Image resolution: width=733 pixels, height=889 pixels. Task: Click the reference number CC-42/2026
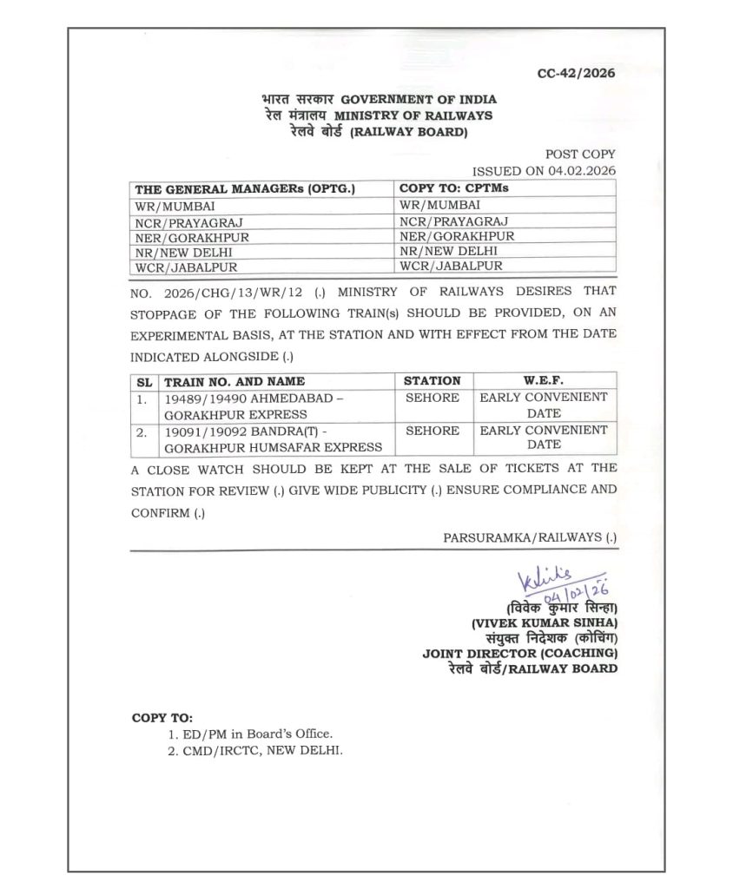[x=576, y=73]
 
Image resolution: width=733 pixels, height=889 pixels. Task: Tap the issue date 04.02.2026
[x=581, y=170]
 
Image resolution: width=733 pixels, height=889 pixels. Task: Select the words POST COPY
[x=581, y=154]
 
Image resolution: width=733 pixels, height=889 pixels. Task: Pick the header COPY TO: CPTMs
[x=452, y=188]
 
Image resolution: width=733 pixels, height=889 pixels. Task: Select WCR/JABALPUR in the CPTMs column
[x=451, y=267]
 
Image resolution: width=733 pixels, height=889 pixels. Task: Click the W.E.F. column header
[x=544, y=380]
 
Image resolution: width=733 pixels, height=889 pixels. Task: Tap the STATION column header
[x=433, y=380]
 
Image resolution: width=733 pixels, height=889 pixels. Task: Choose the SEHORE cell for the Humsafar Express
[x=433, y=430]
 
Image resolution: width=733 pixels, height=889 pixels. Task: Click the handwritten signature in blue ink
[x=546, y=577]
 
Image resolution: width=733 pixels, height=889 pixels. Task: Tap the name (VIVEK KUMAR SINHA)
[x=544, y=622]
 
